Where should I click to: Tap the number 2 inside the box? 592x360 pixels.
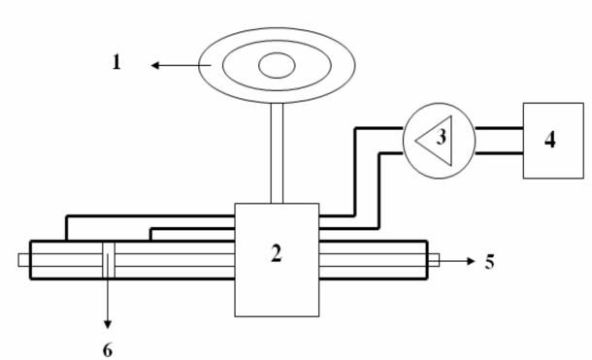click(277, 255)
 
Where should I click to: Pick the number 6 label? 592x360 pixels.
click(108, 346)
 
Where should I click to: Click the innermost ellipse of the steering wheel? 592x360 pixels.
click(276, 66)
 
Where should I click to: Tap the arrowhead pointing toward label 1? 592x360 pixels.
click(155, 67)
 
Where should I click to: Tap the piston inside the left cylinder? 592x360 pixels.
click(108, 259)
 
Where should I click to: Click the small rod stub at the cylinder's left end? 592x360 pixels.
click(23, 259)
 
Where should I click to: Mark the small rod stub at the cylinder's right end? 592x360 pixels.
click(435, 259)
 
